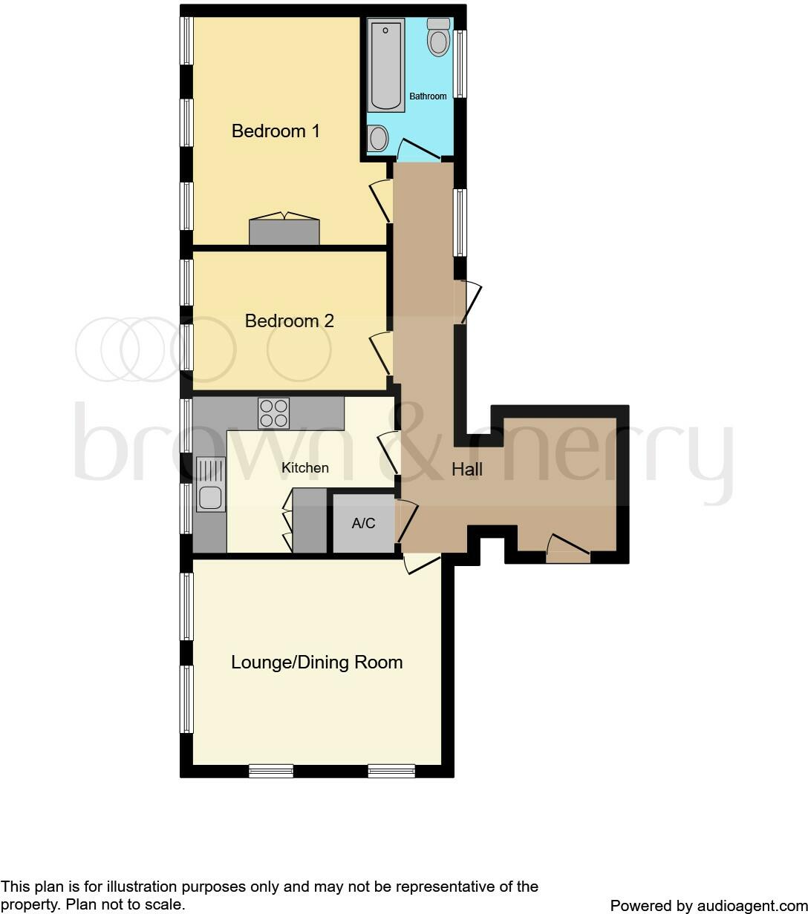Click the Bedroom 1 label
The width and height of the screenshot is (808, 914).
(276, 131)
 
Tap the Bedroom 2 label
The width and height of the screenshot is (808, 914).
(289, 321)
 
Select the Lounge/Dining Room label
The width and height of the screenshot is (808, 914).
(316, 663)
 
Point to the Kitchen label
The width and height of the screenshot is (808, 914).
(304, 468)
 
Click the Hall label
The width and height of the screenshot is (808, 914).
(467, 470)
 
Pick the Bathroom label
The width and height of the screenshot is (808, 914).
(429, 96)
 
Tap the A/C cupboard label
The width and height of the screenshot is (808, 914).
(363, 524)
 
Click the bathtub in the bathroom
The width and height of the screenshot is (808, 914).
(386, 65)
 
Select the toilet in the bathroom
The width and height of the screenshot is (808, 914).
(438, 37)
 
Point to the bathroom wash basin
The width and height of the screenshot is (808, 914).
(378, 138)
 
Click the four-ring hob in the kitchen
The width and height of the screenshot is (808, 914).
(273, 413)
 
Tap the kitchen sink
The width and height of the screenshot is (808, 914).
(210, 484)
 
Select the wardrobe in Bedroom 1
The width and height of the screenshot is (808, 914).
(284, 231)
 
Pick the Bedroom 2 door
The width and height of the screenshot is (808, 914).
(382, 355)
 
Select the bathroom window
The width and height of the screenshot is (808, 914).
(460, 64)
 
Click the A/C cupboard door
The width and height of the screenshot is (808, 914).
(408, 522)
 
